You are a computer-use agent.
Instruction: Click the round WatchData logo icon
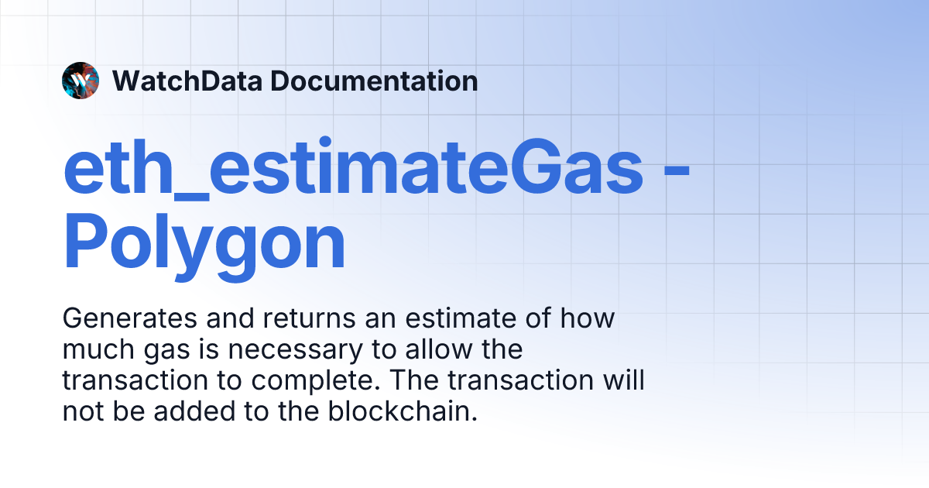81,81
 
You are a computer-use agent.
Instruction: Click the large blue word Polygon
204,244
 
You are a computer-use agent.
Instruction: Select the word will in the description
624,380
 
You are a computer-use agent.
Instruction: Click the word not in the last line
81,412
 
